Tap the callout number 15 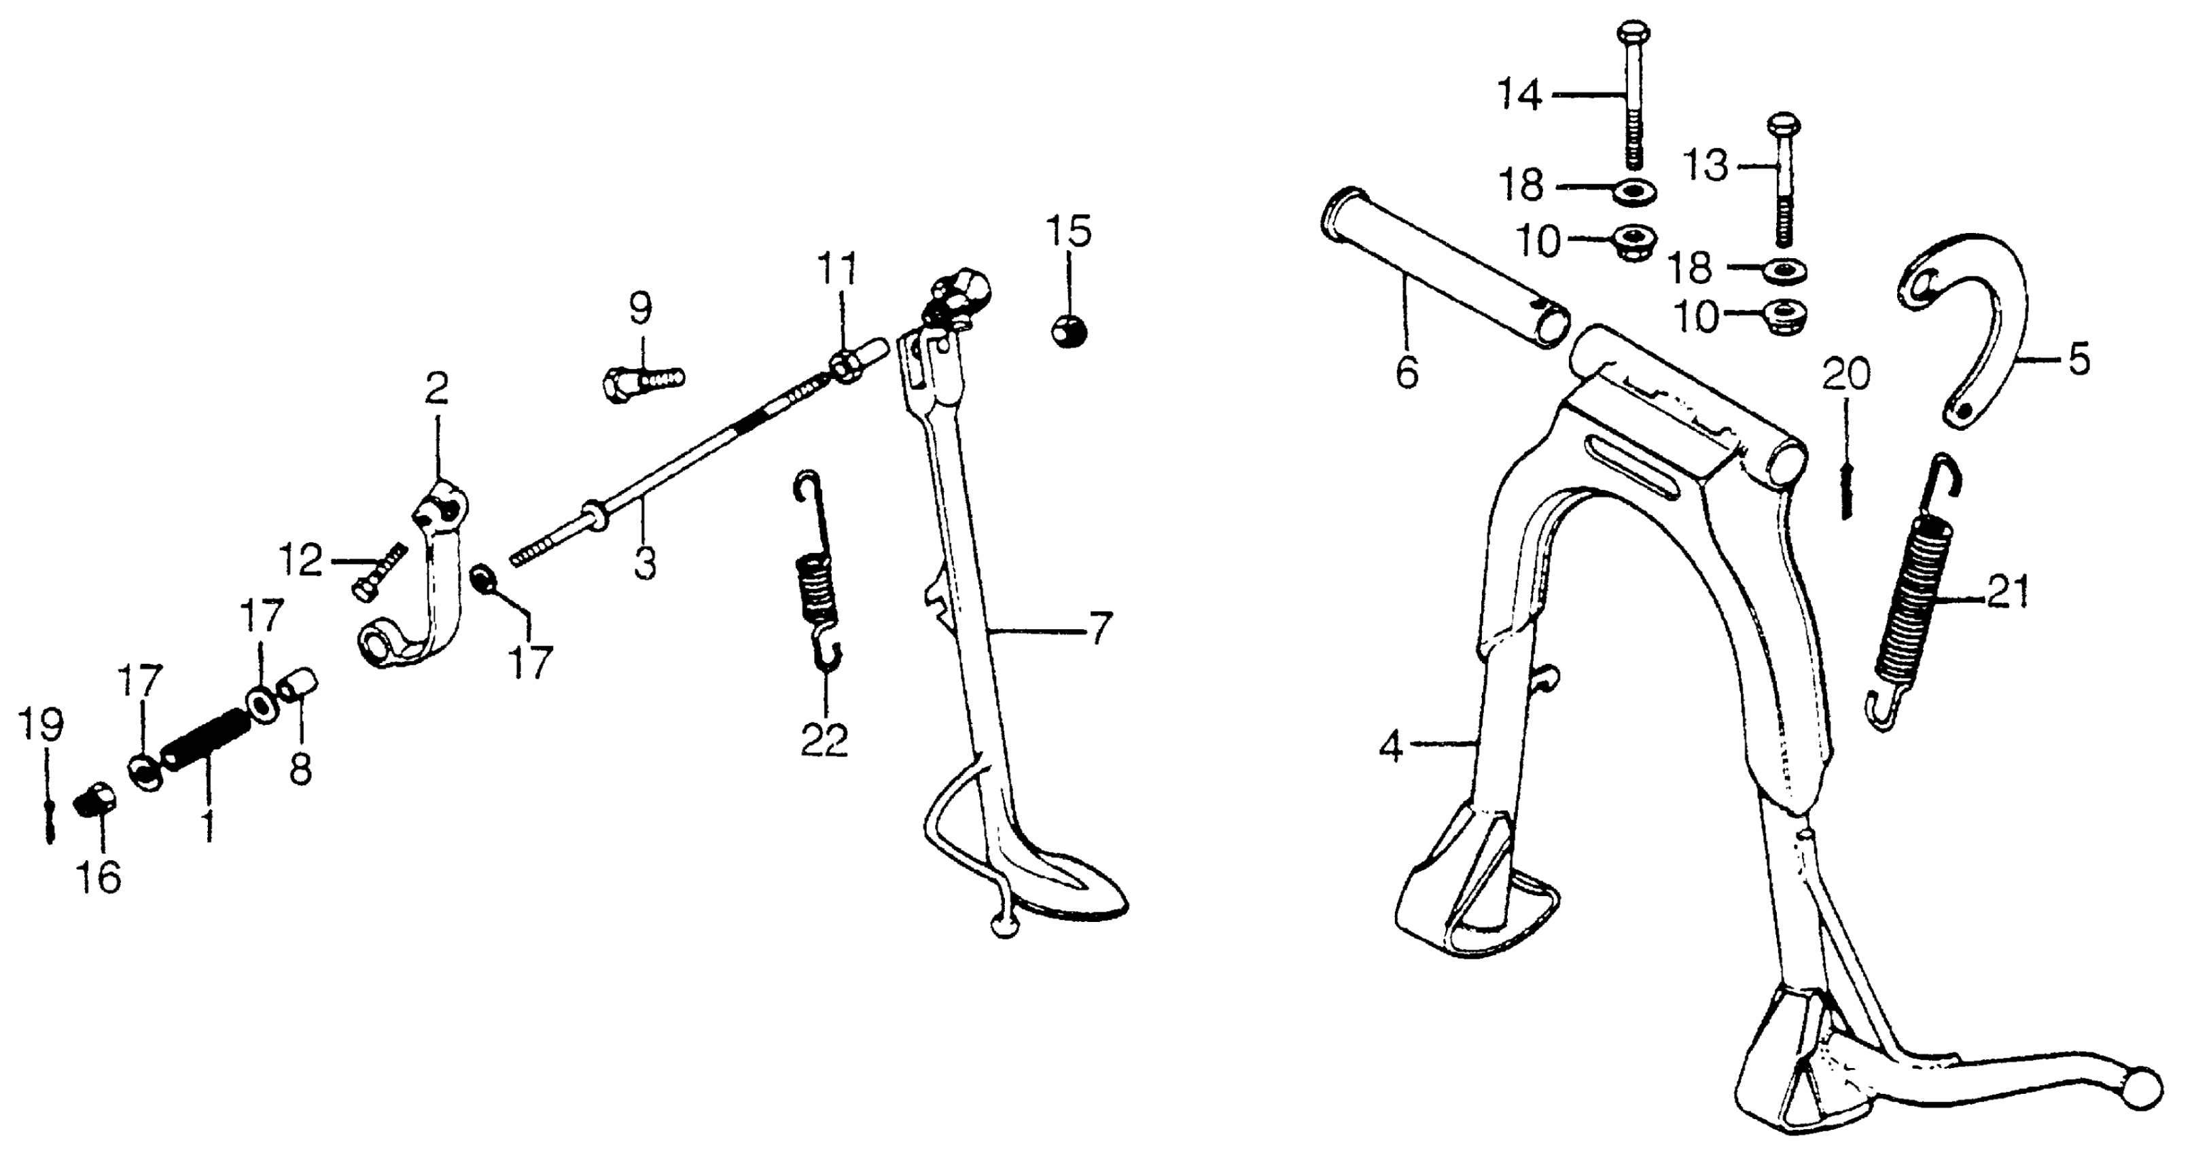1069,232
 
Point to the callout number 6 1407,372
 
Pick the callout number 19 41,726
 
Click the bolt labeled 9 643,383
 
